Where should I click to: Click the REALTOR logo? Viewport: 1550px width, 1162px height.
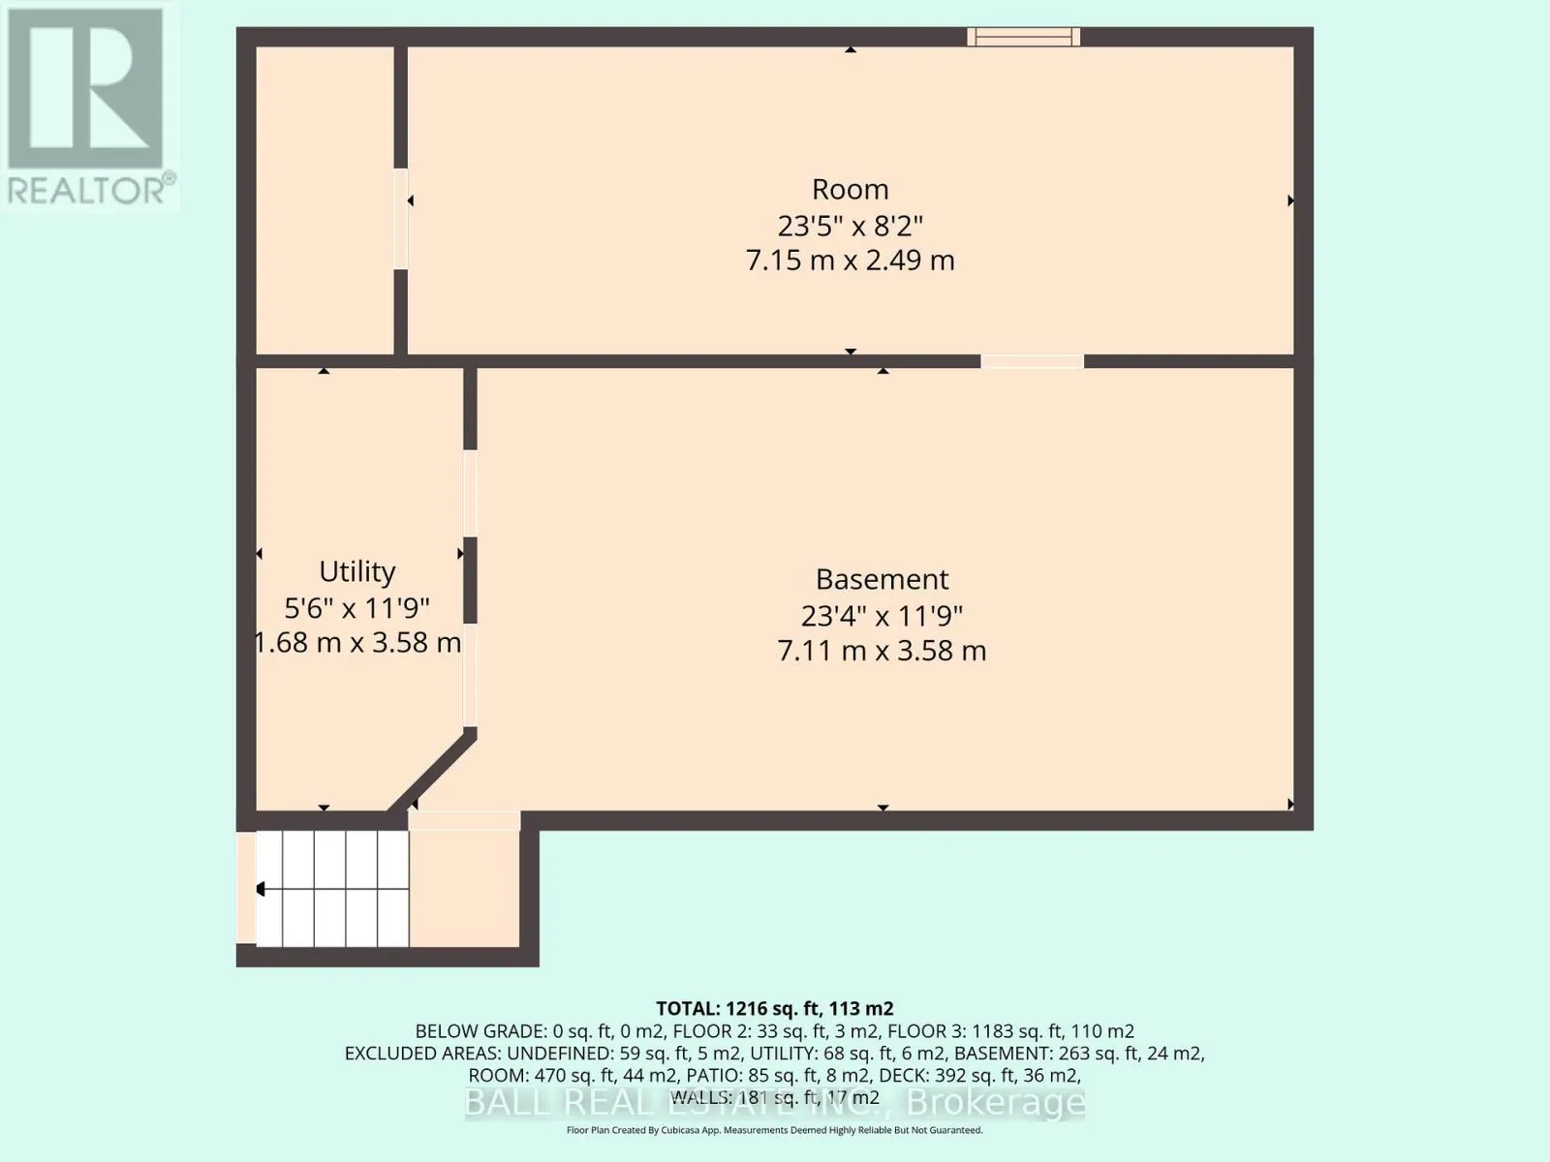click(x=89, y=106)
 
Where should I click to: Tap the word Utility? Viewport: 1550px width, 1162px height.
click(x=356, y=572)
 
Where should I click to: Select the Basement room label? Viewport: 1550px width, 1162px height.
click(x=882, y=579)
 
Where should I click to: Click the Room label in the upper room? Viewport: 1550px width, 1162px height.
click(x=851, y=189)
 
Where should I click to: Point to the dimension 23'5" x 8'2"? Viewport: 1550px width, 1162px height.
click(x=851, y=227)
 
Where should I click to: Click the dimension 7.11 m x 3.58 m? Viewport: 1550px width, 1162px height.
click(x=882, y=651)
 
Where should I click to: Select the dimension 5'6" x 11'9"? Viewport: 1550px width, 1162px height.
click(x=356, y=607)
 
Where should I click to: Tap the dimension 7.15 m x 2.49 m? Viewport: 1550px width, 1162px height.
click(x=851, y=261)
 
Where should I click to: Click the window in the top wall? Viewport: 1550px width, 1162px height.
click(x=1023, y=37)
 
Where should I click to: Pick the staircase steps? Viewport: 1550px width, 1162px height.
click(x=332, y=888)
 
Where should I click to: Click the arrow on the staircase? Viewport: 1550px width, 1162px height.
click(x=260, y=889)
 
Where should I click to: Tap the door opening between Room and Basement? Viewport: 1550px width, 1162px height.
click(x=1032, y=361)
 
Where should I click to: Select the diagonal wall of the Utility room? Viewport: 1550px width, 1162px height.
click(x=431, y=771)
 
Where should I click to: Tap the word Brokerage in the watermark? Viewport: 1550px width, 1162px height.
click(x=995, y=1102)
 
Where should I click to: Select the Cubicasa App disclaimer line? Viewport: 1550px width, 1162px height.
click(x=775, y=1130)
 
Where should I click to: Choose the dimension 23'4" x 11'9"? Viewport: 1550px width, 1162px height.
click(x=882, y=616)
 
